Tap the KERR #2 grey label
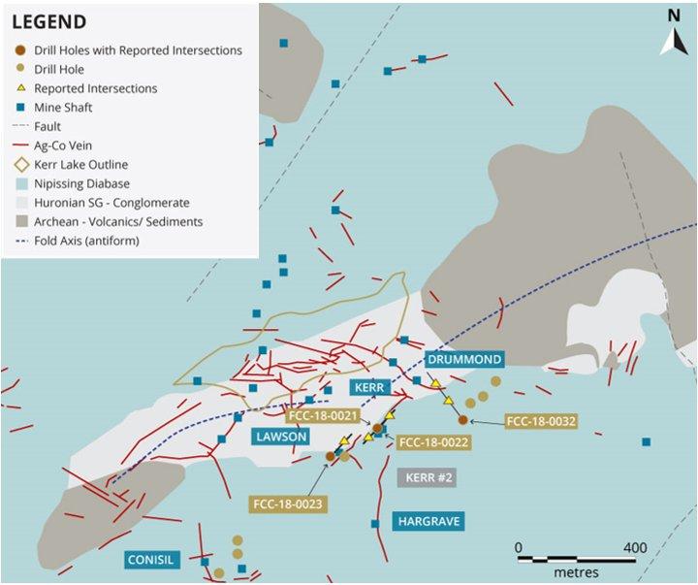coord(426,477)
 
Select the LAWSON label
coord(283,437)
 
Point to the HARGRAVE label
coord(428,521)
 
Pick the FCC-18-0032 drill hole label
coord(541,422)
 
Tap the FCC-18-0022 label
coord(433,442)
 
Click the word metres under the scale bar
coord(576,572)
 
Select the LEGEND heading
coord(48,21)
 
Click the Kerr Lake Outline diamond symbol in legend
coord(20,164)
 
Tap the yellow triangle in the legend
coord(20,88)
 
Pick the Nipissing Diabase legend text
coord(82,183)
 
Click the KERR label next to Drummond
coord(370,387)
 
